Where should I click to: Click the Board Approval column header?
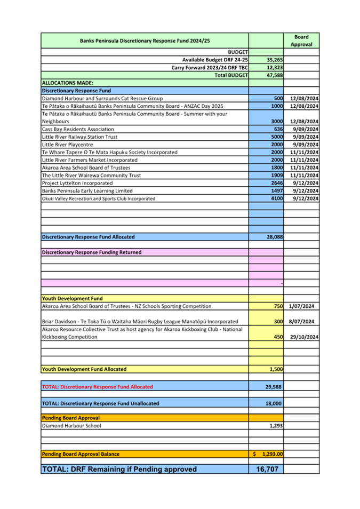(x=301, y=40)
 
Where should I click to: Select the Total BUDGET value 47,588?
(x=274, y=76)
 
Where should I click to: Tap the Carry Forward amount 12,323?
(x=274, y=68)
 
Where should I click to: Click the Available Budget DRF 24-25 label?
(x=215, y=60)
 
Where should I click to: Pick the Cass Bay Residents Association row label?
(x=78, y=129)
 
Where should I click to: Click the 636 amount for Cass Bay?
(x=277, y=129)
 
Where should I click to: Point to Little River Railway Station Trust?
(x=79, y=137)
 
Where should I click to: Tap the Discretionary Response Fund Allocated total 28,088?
(x=274, y=237)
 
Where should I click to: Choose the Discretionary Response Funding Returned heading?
(x=92, y=252)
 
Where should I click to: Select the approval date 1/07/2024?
(x=302, y=306)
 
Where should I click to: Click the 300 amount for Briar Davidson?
(x=278, y=322)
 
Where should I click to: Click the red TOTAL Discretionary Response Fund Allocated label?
(x=97, y=387)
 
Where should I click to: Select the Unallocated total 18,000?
(x=274, y=404)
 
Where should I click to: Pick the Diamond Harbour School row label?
(x=71, y=426)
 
